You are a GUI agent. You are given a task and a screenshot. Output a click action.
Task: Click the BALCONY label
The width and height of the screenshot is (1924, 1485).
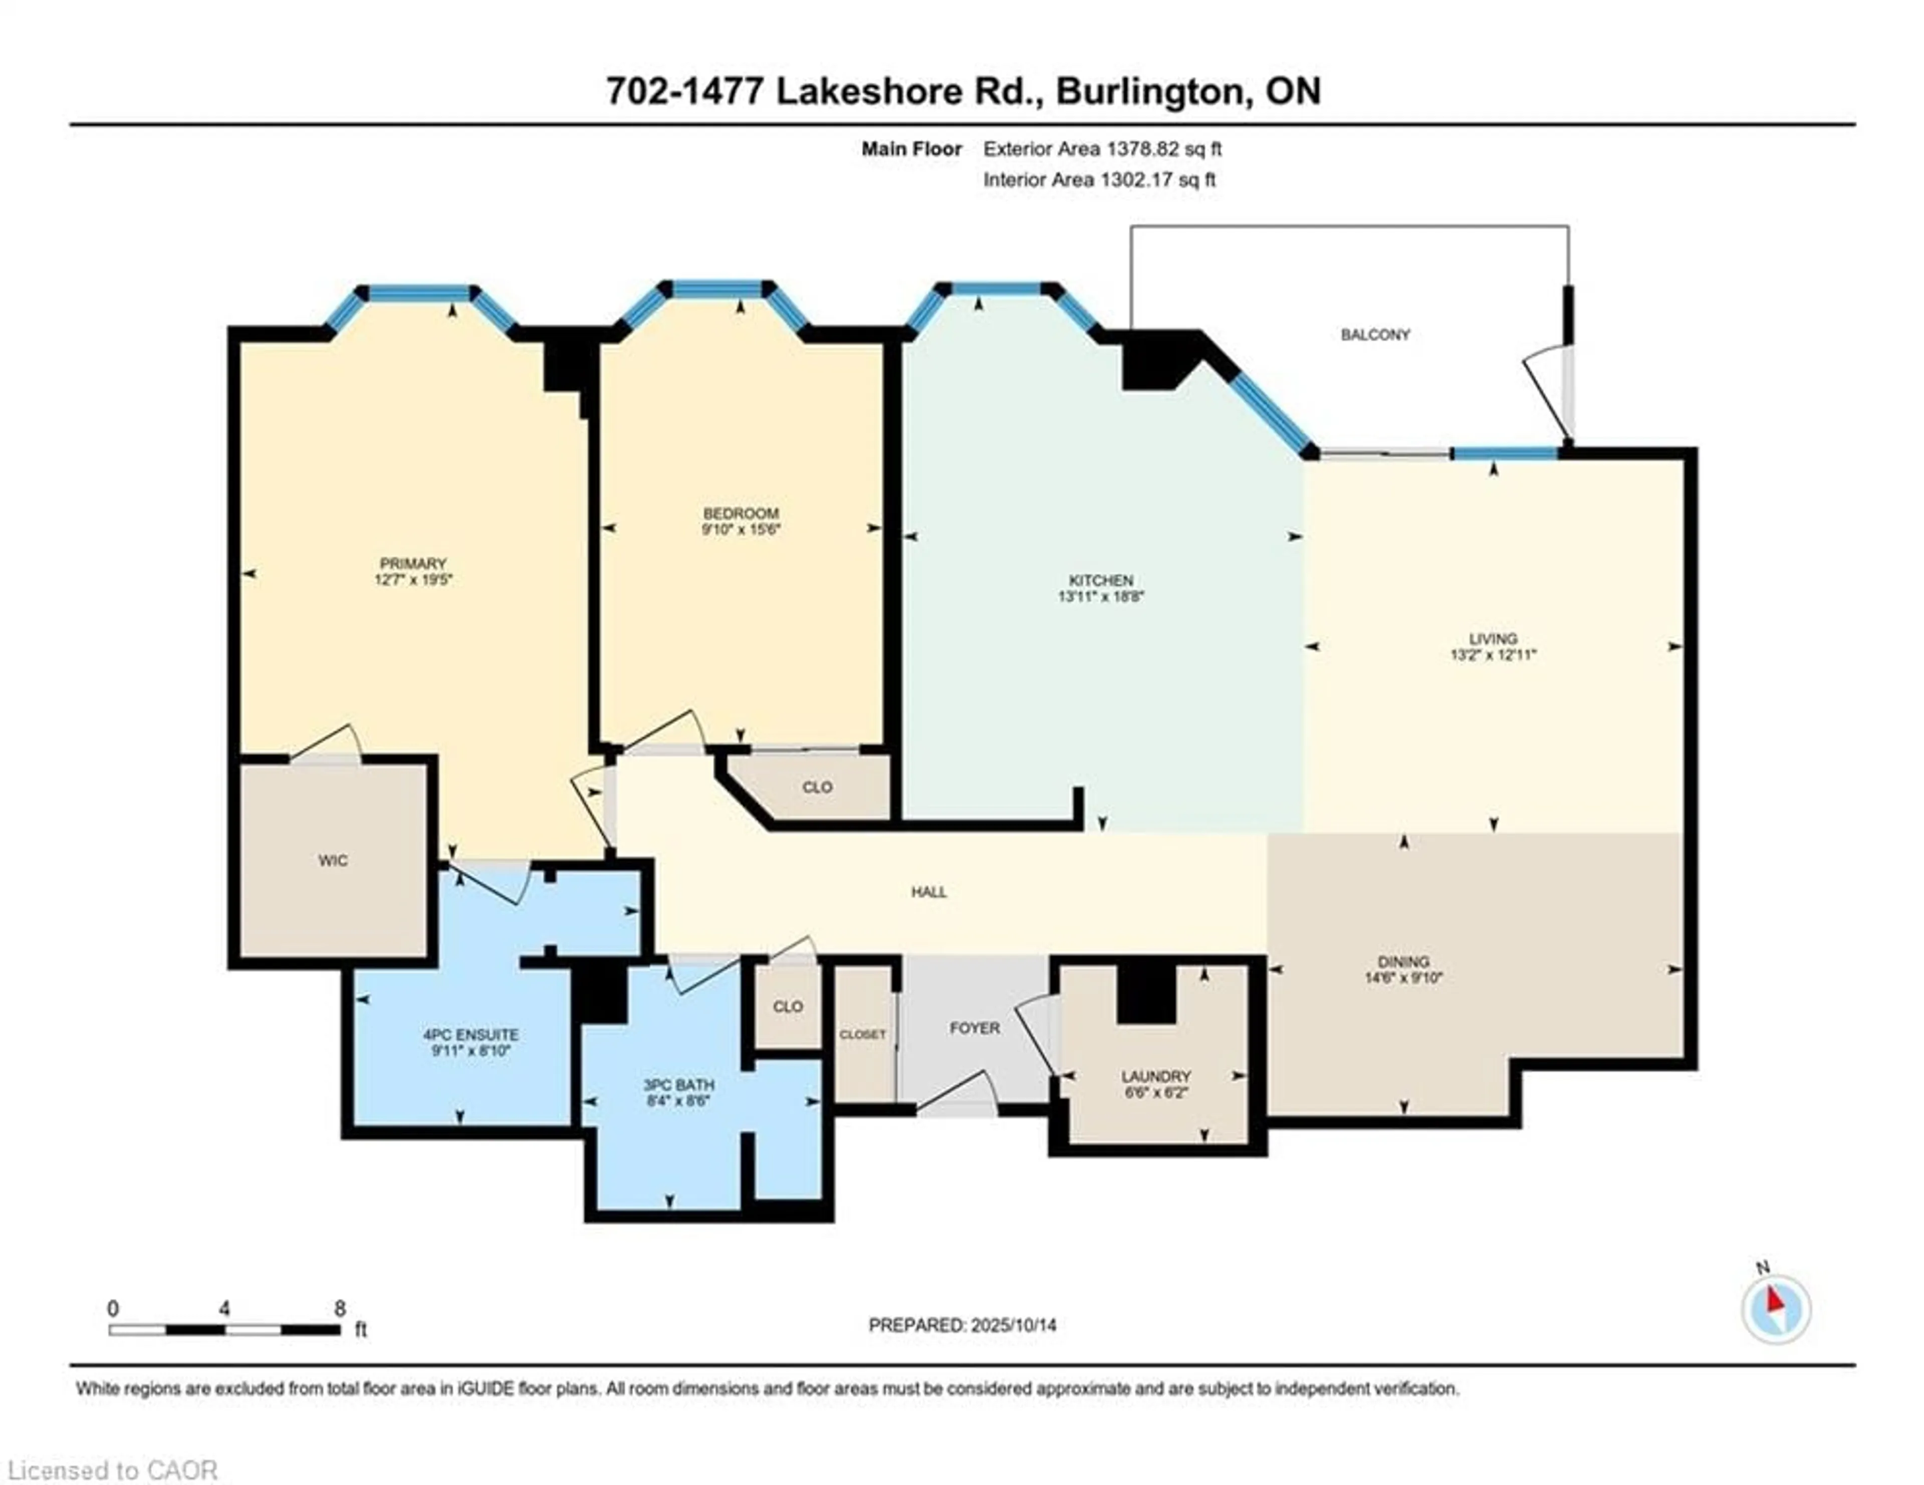tap(1375, 335)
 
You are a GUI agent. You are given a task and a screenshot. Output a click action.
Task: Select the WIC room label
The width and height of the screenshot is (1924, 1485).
tap(333, 861)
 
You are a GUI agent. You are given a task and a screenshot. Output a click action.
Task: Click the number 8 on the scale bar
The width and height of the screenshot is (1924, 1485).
tap(340, 1308)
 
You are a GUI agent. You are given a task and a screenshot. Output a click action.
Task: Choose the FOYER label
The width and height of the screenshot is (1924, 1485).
tap(975, 1028)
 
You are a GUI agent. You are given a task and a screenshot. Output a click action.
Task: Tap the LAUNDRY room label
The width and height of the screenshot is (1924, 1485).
tap(1156, 1076)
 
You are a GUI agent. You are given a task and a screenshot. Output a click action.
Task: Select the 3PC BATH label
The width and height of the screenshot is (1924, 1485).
tap(678, 1085)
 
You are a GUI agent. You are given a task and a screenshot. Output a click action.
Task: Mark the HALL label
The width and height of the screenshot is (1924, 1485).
tap(928, 892)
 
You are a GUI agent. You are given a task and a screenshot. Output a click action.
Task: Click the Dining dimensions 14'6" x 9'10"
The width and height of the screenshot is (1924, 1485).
tap(1403, 977)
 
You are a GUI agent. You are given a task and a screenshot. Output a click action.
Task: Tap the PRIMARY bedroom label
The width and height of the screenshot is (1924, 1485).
tap(413, 564)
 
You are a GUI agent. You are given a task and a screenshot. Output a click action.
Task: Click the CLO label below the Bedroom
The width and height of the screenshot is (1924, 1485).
tap(817, 788)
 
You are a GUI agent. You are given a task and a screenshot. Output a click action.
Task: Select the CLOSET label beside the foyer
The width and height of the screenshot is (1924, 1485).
tap(862, 1035)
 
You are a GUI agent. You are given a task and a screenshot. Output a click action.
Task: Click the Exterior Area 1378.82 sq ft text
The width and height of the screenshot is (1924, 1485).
tap(1102, 149)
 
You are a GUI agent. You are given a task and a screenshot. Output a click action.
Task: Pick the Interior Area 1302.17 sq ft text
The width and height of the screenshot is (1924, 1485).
tap(1099, 180)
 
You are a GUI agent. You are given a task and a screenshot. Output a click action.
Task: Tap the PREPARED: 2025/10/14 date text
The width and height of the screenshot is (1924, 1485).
tap(962, 1325)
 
